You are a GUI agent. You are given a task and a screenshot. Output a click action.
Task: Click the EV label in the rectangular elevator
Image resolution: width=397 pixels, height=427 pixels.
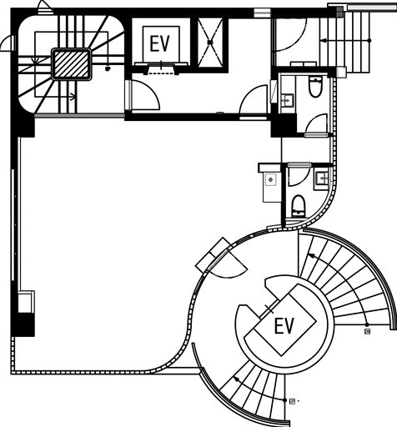159,44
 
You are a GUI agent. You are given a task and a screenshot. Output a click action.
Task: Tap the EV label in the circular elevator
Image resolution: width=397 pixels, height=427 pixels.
284,325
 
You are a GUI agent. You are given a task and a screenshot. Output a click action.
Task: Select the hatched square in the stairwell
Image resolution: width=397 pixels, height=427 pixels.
71,64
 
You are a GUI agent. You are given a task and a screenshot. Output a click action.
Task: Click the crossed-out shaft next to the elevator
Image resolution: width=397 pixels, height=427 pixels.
210,43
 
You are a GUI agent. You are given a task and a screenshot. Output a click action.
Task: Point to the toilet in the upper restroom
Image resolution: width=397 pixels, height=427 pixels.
315,87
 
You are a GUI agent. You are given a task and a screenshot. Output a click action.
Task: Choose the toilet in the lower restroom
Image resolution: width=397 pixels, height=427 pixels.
299,206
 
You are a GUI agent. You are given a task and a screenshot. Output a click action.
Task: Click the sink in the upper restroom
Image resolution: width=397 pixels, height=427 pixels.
287,100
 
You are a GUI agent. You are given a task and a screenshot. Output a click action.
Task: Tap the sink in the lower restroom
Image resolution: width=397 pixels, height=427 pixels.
322,177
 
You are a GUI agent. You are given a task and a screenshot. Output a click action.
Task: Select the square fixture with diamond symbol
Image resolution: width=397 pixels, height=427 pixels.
270,179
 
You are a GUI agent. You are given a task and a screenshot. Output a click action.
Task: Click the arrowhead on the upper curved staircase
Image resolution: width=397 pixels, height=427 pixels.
309,254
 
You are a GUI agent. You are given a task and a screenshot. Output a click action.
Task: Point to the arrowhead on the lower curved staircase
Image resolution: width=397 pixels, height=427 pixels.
237,379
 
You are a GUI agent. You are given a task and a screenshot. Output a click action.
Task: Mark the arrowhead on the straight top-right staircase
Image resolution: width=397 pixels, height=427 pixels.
323,41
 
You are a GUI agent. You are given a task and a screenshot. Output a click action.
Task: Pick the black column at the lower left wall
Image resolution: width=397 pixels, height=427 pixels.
23,324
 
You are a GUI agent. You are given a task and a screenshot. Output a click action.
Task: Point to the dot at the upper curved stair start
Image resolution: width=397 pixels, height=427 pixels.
367,324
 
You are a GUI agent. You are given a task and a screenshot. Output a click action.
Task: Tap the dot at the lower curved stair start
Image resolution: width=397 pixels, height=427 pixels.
285,400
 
